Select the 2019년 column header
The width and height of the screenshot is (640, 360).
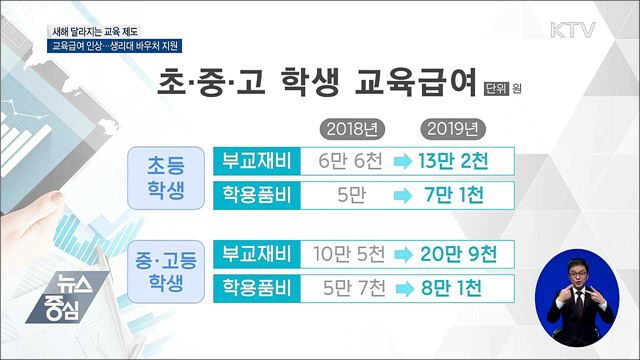click(450, 128)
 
